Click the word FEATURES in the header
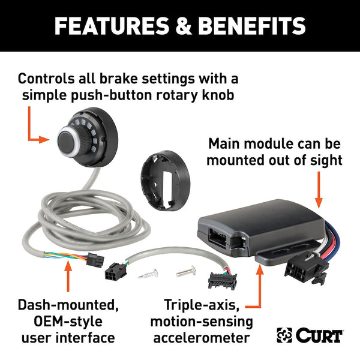coord(106,26)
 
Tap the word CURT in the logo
coord(319,336)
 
